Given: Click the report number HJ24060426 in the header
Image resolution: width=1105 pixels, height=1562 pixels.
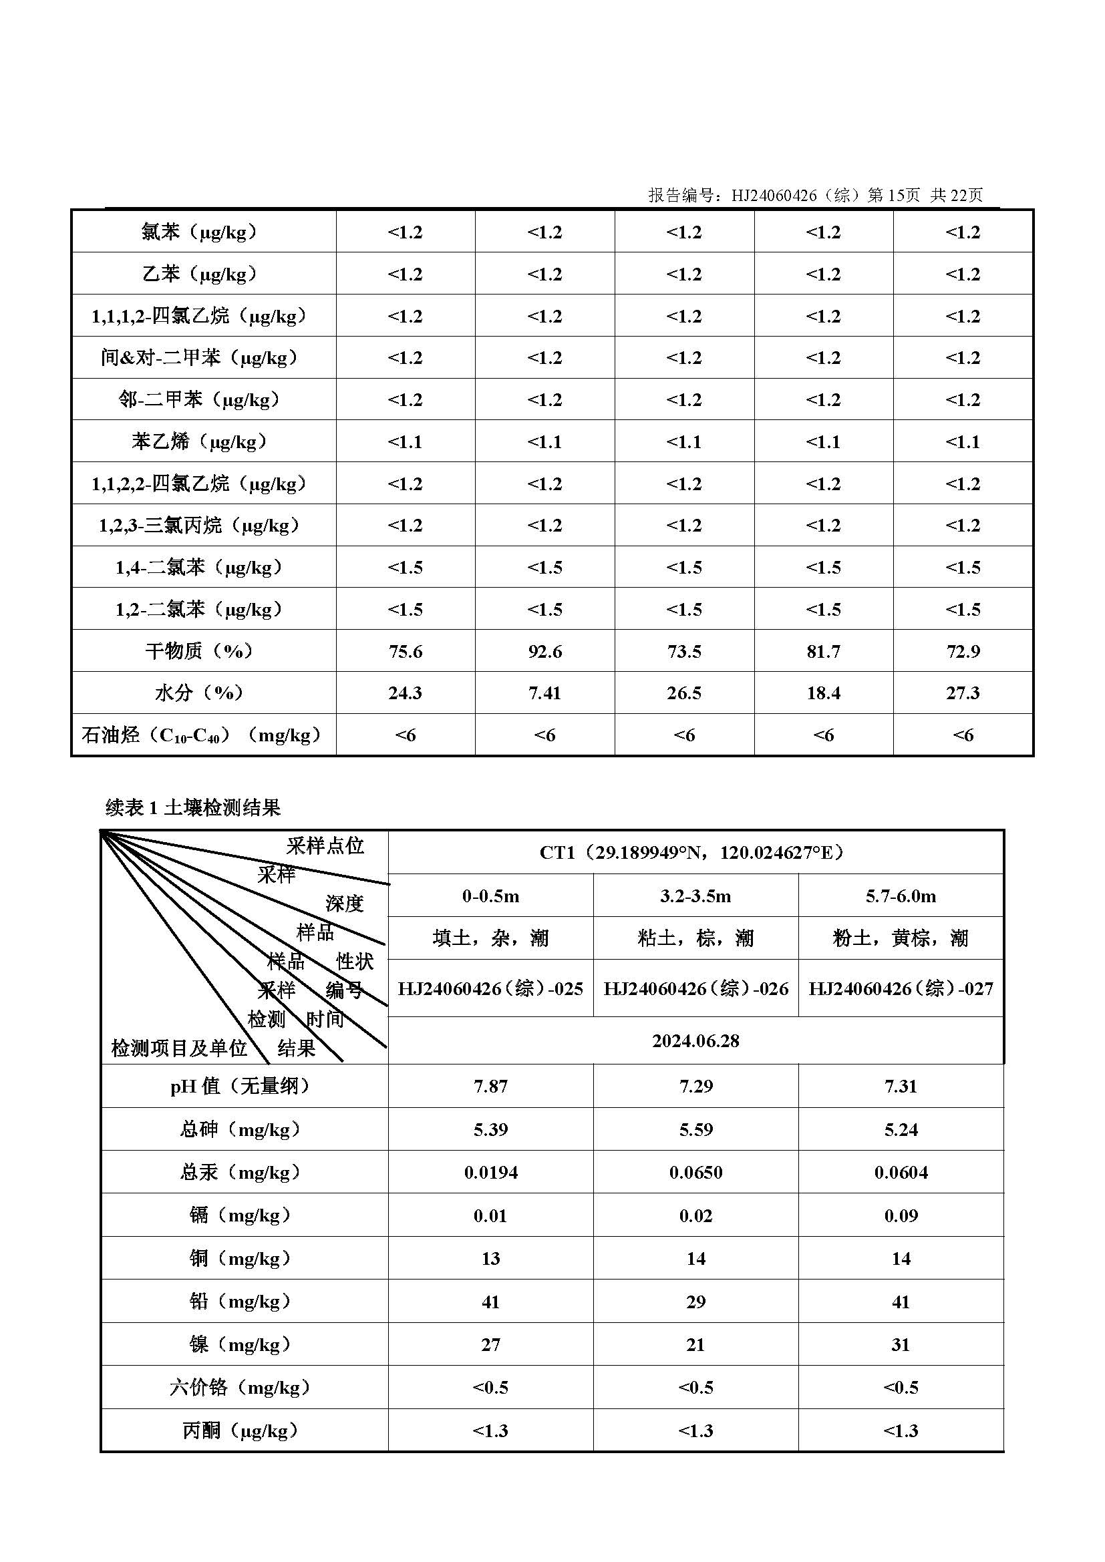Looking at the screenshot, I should click(774, 196).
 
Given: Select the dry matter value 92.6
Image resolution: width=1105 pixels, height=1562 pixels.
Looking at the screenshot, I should click(544, 652).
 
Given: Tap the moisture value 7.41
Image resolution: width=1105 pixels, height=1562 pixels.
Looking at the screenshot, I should click(544, 693).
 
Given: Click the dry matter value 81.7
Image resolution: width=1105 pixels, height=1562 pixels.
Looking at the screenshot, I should click(823, 652).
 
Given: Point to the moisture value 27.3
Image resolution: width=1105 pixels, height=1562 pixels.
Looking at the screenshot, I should click(963, 693).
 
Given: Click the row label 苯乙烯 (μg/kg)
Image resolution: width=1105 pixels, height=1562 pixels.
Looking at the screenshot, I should click(199, 442).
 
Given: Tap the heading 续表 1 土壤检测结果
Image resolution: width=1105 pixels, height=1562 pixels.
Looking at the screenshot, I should click(193, 807).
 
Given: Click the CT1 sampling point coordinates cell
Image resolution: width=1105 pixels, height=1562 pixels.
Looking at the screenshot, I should click(695, 852).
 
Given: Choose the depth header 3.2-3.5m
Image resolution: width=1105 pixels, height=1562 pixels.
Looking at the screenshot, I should click(695, 896).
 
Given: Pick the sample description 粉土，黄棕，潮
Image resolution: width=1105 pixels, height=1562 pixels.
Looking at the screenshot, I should click(900, 939).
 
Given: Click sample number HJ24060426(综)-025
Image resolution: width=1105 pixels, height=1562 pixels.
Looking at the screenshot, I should click(490, 988).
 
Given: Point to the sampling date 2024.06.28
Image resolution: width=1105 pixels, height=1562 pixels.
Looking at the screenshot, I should click(695, 1041).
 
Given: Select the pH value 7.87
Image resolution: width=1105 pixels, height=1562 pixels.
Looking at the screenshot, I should click(490, 1087).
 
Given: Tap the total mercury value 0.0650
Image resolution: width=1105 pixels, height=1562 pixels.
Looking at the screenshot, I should click(695, 1172).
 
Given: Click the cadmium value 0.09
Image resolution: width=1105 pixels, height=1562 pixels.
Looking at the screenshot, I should click(901, 1215).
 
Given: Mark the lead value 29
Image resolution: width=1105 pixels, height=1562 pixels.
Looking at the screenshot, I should click(695, 1302).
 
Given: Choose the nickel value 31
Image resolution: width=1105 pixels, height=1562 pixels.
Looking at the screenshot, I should click(901, 1344).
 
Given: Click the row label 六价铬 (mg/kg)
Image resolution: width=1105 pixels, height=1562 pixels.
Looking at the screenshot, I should click(241, 1388).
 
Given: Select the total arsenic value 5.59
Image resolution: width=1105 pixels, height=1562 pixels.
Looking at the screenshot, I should click(695, 1129).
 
